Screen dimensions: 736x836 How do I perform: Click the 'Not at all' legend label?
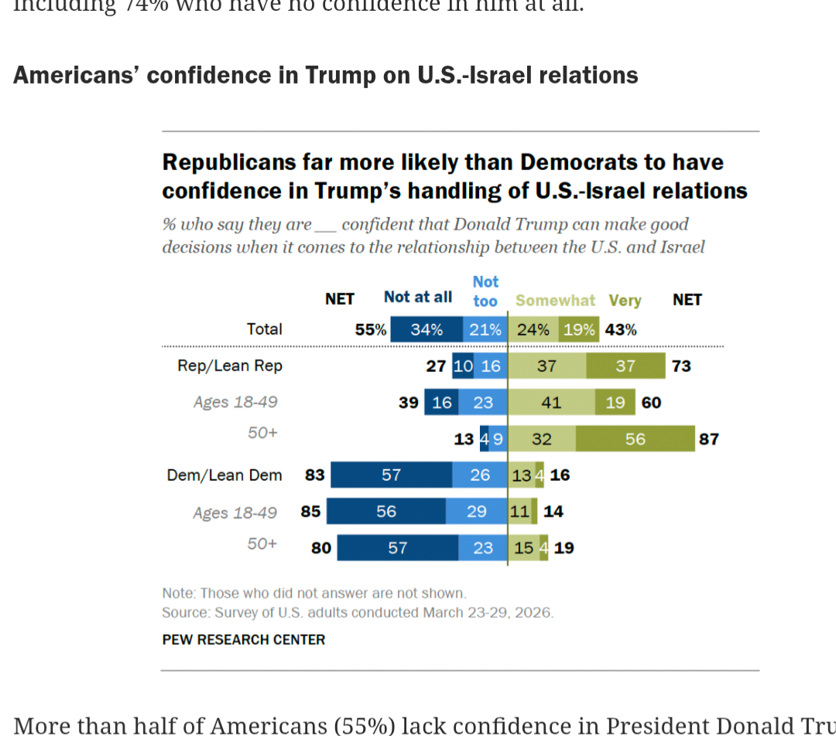click(x=417, y=298)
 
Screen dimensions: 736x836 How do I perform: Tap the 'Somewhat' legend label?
click(x=555, y=301)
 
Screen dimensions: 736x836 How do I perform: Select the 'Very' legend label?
click(x=625, y=301)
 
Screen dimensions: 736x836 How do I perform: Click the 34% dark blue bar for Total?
click(x=427, y=329)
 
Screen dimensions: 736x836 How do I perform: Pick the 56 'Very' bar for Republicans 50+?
click(x=635, y=439)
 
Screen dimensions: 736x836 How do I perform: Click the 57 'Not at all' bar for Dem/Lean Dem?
click(x=391, y=475)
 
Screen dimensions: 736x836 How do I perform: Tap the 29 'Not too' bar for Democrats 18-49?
click(x=476, y=511)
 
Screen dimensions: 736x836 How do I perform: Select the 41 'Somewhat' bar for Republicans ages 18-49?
click(x=551, y=402)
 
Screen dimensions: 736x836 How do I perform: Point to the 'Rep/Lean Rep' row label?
click(x=230, y=366)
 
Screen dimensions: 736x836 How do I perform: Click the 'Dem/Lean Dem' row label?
click(x=224, y=475)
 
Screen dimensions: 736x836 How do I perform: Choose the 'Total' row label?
click(x=264, y=329)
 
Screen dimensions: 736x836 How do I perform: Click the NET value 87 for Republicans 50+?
click(x=708, y=439)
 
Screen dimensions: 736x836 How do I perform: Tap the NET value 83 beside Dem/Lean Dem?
click(x=314, y=475)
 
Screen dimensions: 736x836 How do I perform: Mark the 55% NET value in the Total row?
click(x=370, y=329)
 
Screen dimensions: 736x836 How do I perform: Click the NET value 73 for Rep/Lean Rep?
click(x=681, y=366)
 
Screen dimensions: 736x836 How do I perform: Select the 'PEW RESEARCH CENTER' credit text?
click(x=243, y=639)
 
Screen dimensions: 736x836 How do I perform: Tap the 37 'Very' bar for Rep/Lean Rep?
click(x=625, y=366)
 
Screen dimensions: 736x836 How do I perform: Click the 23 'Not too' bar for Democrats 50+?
click(x=482, y=547)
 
